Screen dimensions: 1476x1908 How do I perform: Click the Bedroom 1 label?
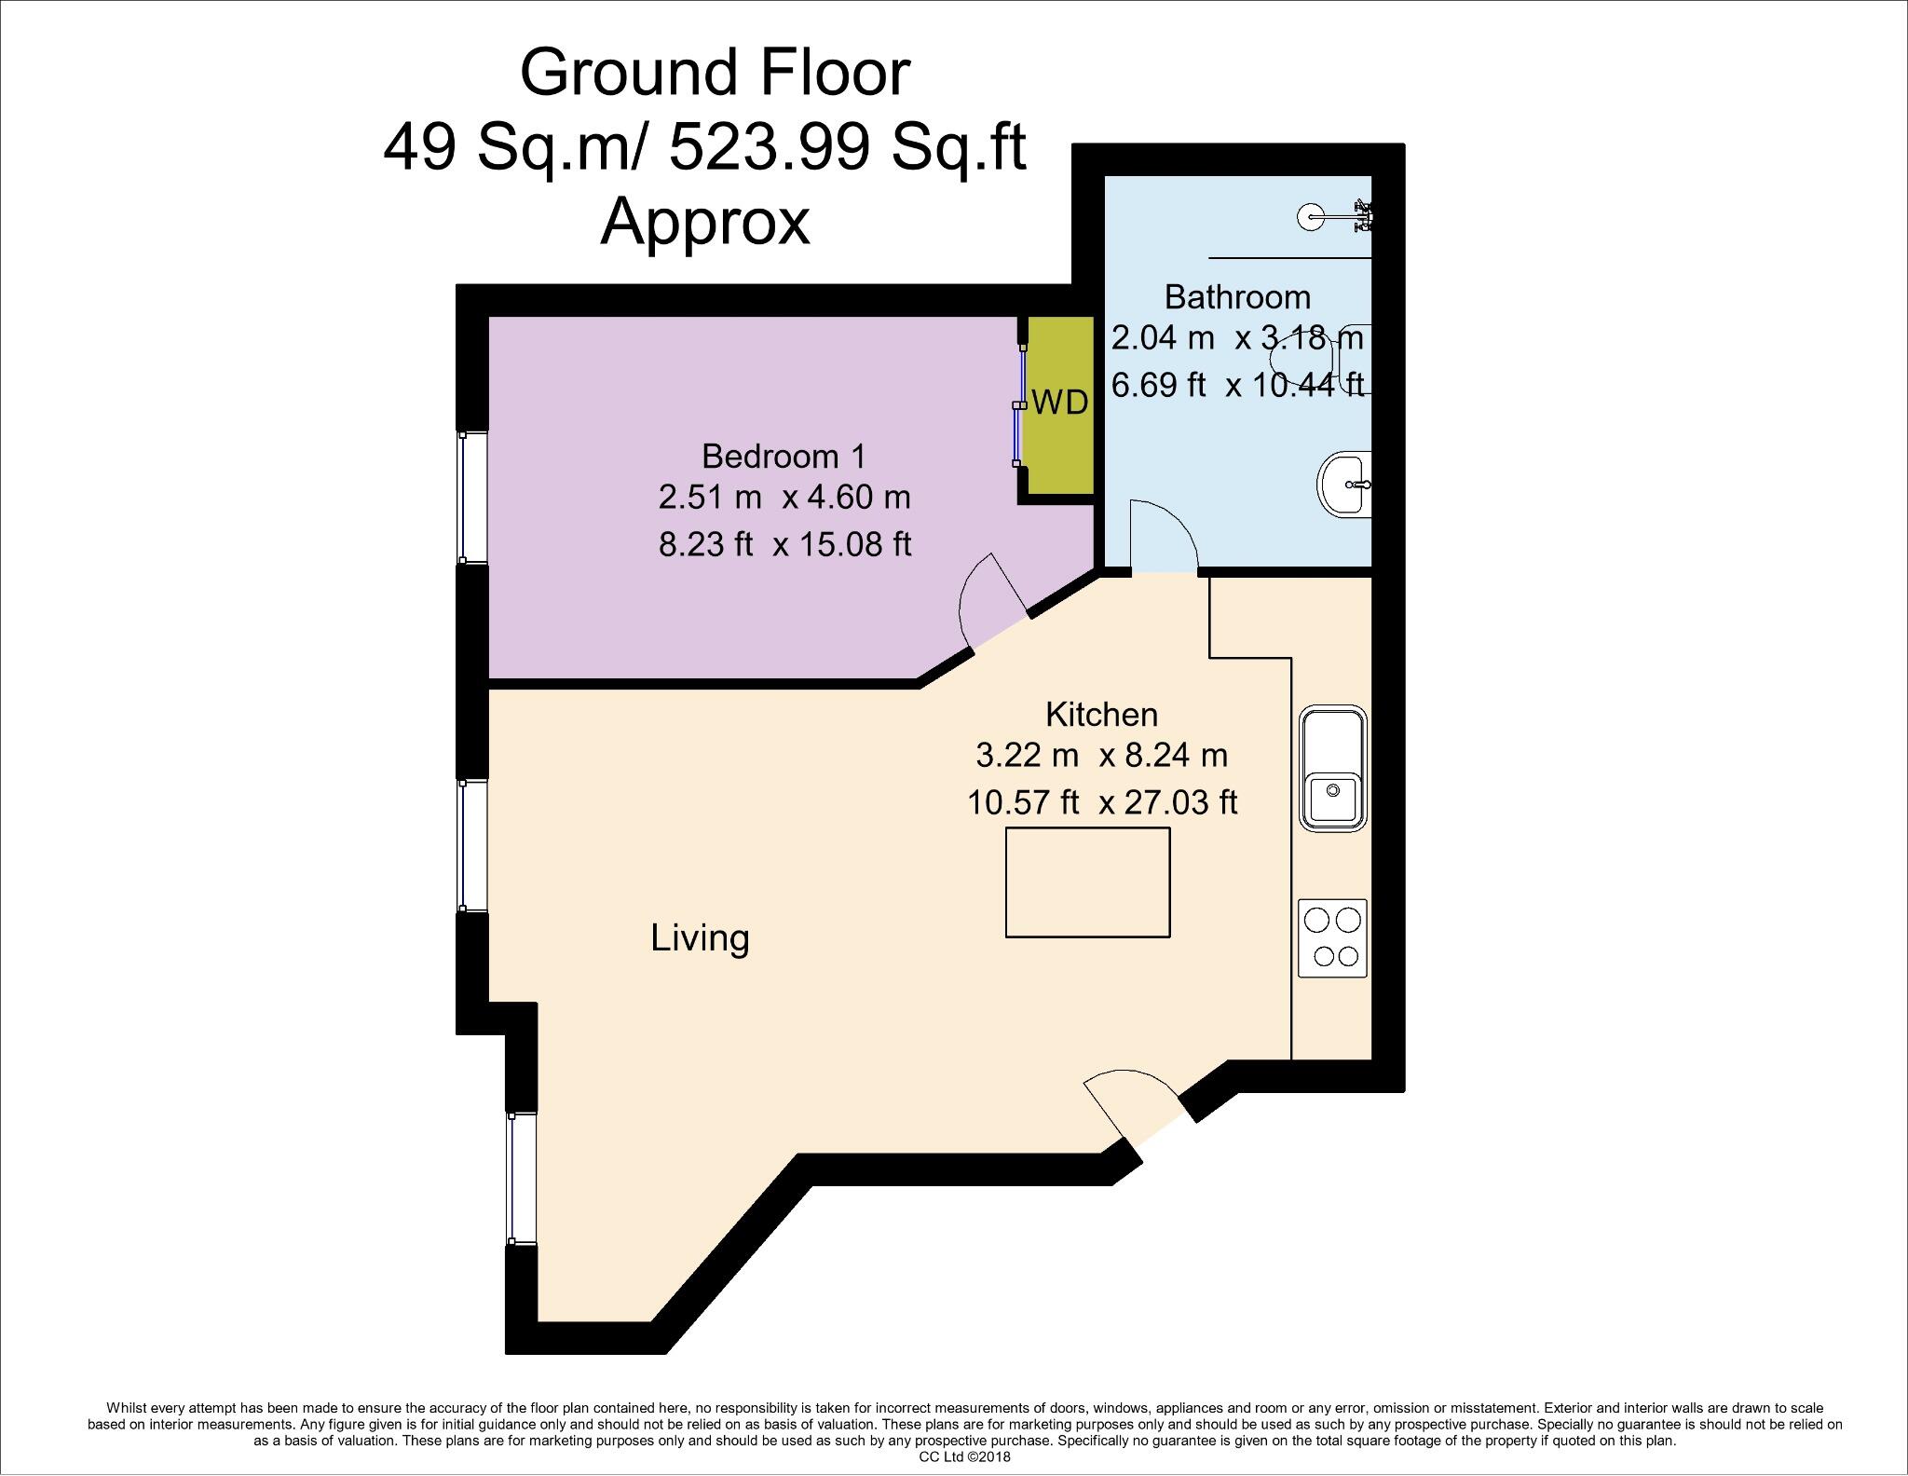784,457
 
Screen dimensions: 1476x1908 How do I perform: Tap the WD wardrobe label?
1059,403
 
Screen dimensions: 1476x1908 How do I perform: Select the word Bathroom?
1237,297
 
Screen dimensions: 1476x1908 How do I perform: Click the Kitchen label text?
1101,715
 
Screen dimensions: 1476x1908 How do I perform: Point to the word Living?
700,937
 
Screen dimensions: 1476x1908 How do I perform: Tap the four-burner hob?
1332,937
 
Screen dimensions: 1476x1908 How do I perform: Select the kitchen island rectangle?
1087,881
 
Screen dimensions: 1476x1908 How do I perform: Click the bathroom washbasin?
1344,484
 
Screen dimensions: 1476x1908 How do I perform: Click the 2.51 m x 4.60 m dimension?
784,498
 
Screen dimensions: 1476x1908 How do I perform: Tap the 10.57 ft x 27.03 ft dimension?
1101,802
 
